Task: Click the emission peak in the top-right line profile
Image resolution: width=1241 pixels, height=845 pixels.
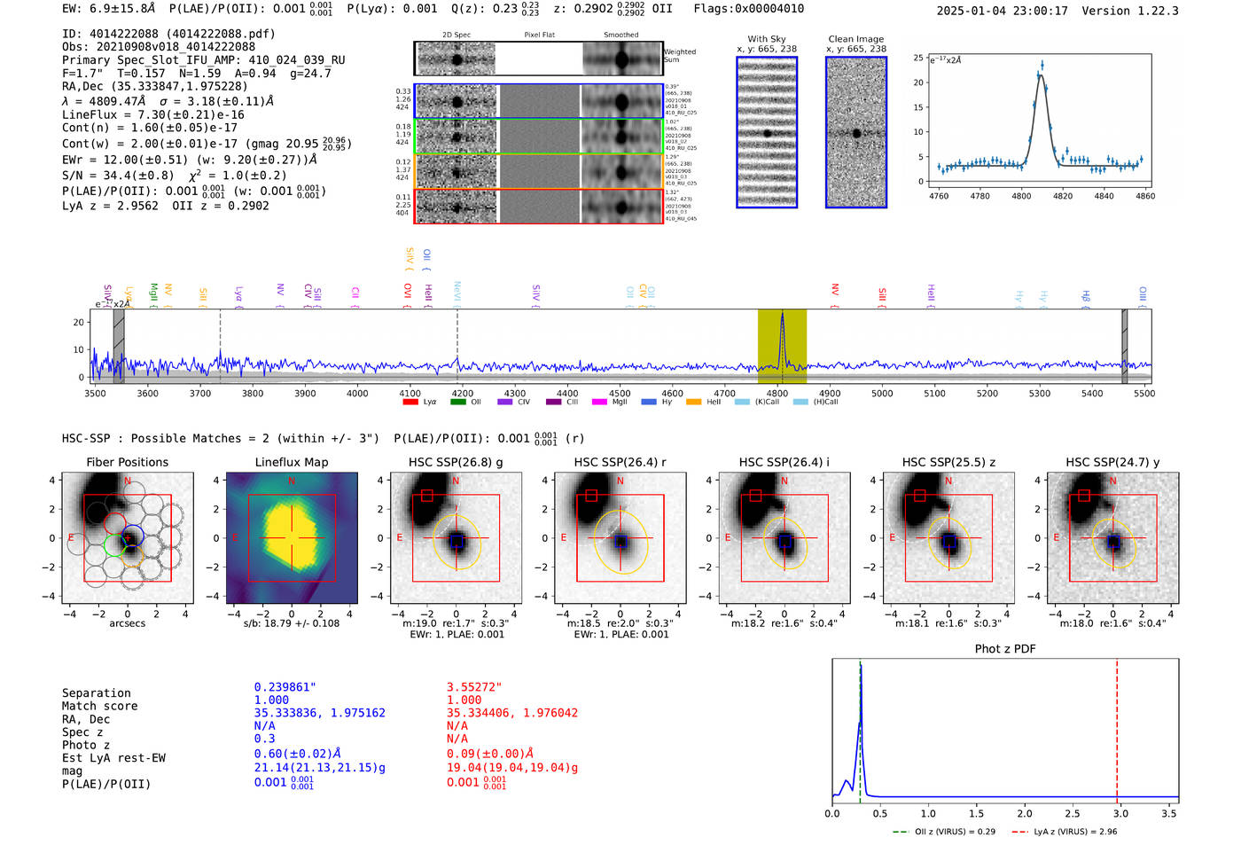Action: [x=1042, y=65]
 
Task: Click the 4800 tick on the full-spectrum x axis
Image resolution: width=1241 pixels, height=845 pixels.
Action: [x=777, y=393]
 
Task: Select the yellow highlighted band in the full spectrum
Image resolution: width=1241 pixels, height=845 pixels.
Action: [x=782, y=346]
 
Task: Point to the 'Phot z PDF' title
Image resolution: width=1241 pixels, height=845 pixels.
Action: [x=1005, y=648]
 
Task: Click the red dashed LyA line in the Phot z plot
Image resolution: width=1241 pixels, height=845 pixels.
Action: [x=1117, y=727]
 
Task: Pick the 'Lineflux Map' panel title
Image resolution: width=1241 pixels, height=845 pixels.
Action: [x=291, y=462]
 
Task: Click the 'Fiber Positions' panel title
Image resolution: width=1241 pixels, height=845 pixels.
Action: [x=127, y=462]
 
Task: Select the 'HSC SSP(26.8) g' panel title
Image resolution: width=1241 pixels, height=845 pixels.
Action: [x=456, y=462]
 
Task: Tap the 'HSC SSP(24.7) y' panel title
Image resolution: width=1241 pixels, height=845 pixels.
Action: [x=1112, y=462]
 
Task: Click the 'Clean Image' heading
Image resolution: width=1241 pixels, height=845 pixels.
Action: [x=855, y=39]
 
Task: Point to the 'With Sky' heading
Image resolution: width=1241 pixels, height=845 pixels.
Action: [x=766, y=39]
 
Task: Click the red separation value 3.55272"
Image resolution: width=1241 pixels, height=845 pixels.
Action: [x=474, y=687]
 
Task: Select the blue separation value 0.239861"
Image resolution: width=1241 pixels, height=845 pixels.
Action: [x=285, y=687]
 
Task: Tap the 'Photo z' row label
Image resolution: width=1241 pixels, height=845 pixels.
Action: [x=86, y=745]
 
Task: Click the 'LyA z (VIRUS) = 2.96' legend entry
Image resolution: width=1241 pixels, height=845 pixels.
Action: [x=1075, y=832]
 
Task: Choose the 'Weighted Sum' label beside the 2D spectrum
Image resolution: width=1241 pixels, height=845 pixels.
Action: [x=679, y=56]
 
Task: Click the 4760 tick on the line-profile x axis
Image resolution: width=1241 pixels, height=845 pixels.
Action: [x=938, y=196]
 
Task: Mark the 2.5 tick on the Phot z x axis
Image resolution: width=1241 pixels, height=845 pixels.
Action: [x=1073, y=813]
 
